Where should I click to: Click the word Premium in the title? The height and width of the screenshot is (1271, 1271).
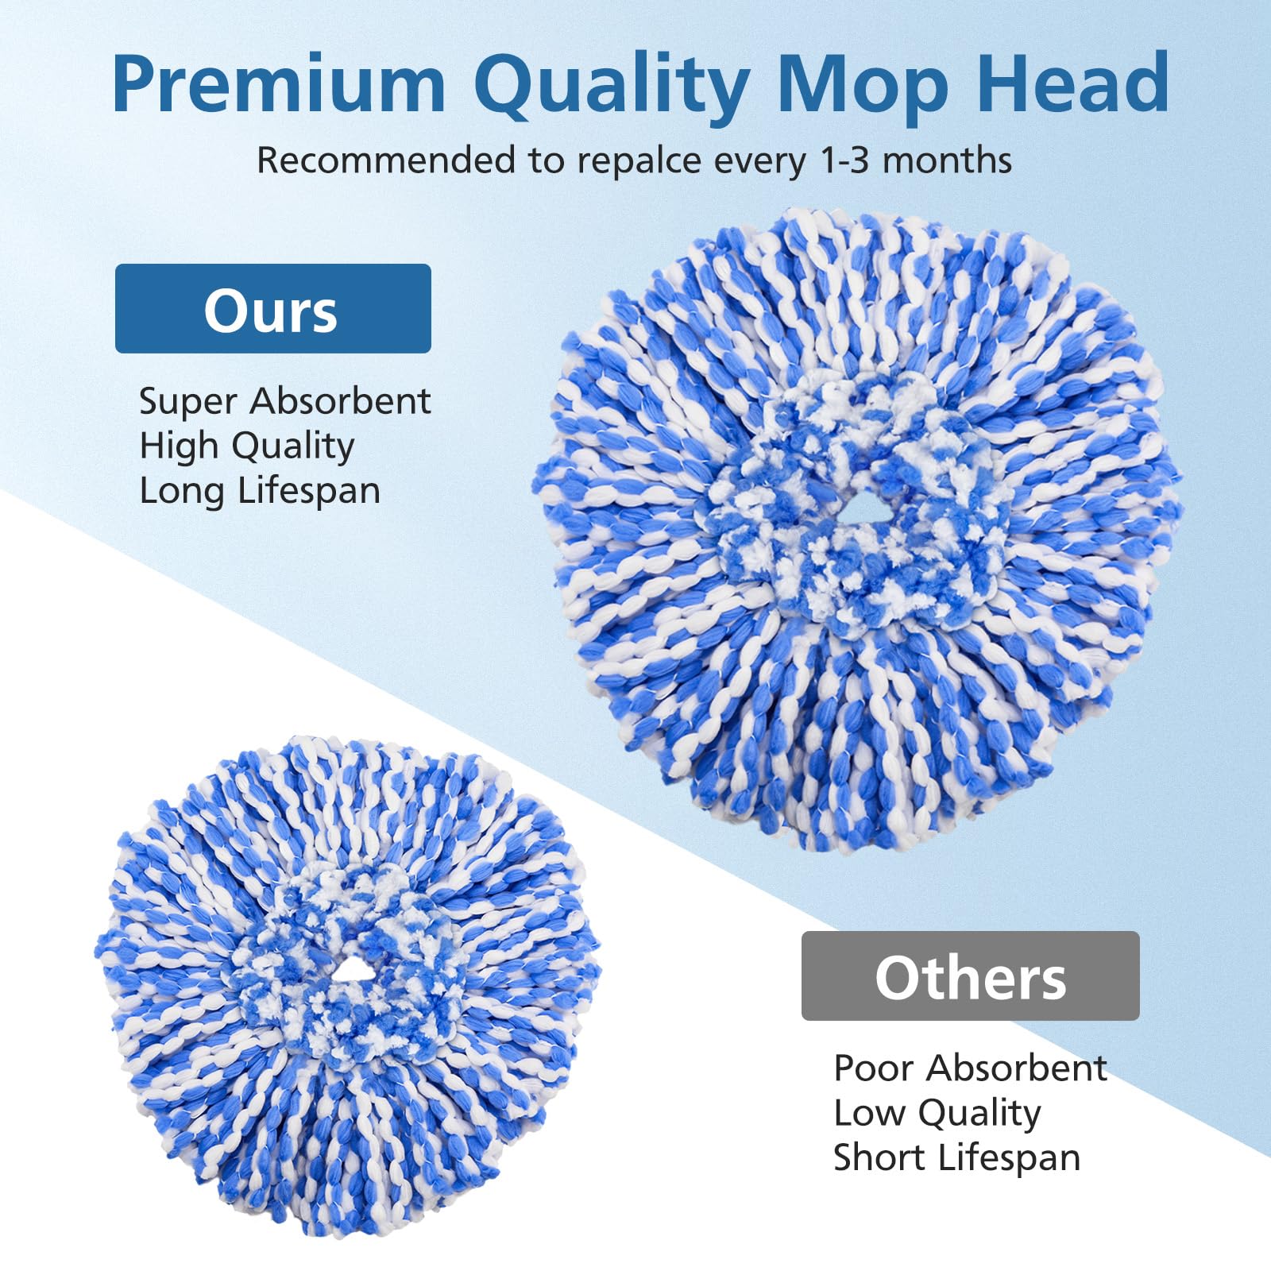click(x=278, y=85)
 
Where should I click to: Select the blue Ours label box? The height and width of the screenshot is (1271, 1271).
click(x=272, y=309)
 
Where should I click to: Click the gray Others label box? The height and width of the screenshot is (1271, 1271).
click(x=970, y=976)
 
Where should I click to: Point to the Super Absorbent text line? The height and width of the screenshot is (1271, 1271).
click(x=284, y=401)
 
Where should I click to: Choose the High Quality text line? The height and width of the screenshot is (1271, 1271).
click(x=246, y=446)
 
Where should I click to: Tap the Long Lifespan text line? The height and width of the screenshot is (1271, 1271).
click(x=260, y=490)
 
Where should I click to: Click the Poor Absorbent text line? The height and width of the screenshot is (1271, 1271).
click(x=970, y=1068)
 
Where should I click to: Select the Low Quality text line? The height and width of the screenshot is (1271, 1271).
click(x=937, y=1114)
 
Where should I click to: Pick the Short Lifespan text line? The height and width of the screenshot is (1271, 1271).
click(x=956, y=1157)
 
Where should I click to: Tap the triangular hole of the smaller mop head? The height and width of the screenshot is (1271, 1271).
click(x=346, y=969)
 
